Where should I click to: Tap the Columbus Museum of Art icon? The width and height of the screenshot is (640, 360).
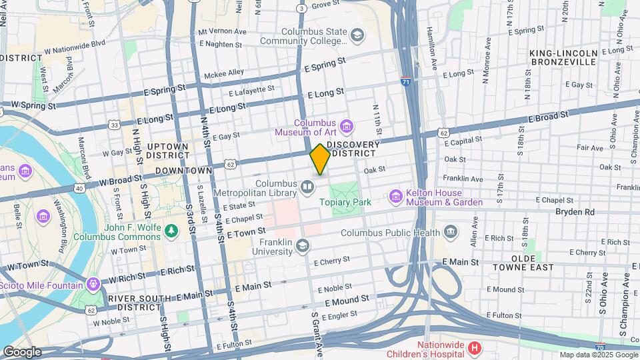tap(346, 125)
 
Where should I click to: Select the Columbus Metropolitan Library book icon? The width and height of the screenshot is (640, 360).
tap(307, 187)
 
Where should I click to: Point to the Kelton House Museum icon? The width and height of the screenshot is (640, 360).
tap(396, 197)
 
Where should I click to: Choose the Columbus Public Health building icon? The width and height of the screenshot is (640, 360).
tap(451, 232)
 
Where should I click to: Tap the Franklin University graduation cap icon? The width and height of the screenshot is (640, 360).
tap(303, 246)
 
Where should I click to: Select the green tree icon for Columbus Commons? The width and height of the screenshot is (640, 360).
tap(173, 230)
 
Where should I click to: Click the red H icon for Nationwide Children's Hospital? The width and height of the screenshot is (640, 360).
tap(474, 348)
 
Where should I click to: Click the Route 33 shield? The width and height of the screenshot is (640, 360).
tap(115, 125)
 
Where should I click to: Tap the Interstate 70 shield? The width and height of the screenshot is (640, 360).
tap(600, 347)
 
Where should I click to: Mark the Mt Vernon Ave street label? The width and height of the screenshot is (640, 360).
tap(222, 31)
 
